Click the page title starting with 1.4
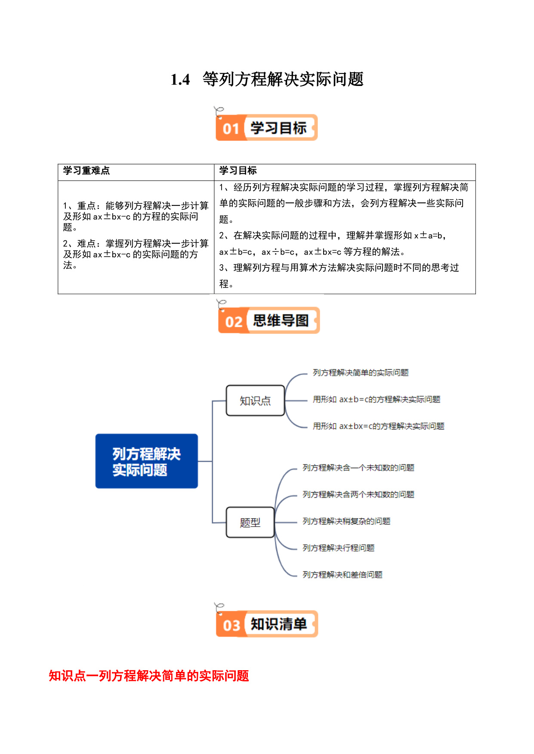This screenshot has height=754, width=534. (x=267, y=79)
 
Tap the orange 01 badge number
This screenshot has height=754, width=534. (x=231, y=129)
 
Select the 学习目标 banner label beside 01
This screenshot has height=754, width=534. (x=278, y=128)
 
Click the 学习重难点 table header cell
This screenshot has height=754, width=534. (x=86, y=171)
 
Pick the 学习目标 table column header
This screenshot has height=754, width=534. (x=238, y=171)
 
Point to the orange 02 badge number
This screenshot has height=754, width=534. (x=234, y=322)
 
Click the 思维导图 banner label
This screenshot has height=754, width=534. (x=281, y=321)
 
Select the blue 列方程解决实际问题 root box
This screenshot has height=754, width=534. (x=147, y=461)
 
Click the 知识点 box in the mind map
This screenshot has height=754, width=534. (x=256, y=401)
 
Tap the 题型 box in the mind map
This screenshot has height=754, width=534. (x=250, y=522)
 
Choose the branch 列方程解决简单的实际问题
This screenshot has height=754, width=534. (x=361, y=373)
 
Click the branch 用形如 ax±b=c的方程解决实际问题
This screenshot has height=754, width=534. (x=377, y=399)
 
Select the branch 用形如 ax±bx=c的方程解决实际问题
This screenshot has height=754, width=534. (x=379, y=426)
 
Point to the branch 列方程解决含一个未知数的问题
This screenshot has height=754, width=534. (x=358, y=468)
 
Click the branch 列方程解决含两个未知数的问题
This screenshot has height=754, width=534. (x=358, y=494)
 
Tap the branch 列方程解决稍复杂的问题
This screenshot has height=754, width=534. (x=346, y=521)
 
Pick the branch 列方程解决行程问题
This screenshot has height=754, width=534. (x=339, y=548)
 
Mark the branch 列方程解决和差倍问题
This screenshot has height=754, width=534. (x=343, y=575)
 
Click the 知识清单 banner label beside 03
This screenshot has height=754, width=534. (x=278, y=624)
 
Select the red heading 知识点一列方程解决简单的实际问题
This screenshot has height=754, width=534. (x=149, y=676)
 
